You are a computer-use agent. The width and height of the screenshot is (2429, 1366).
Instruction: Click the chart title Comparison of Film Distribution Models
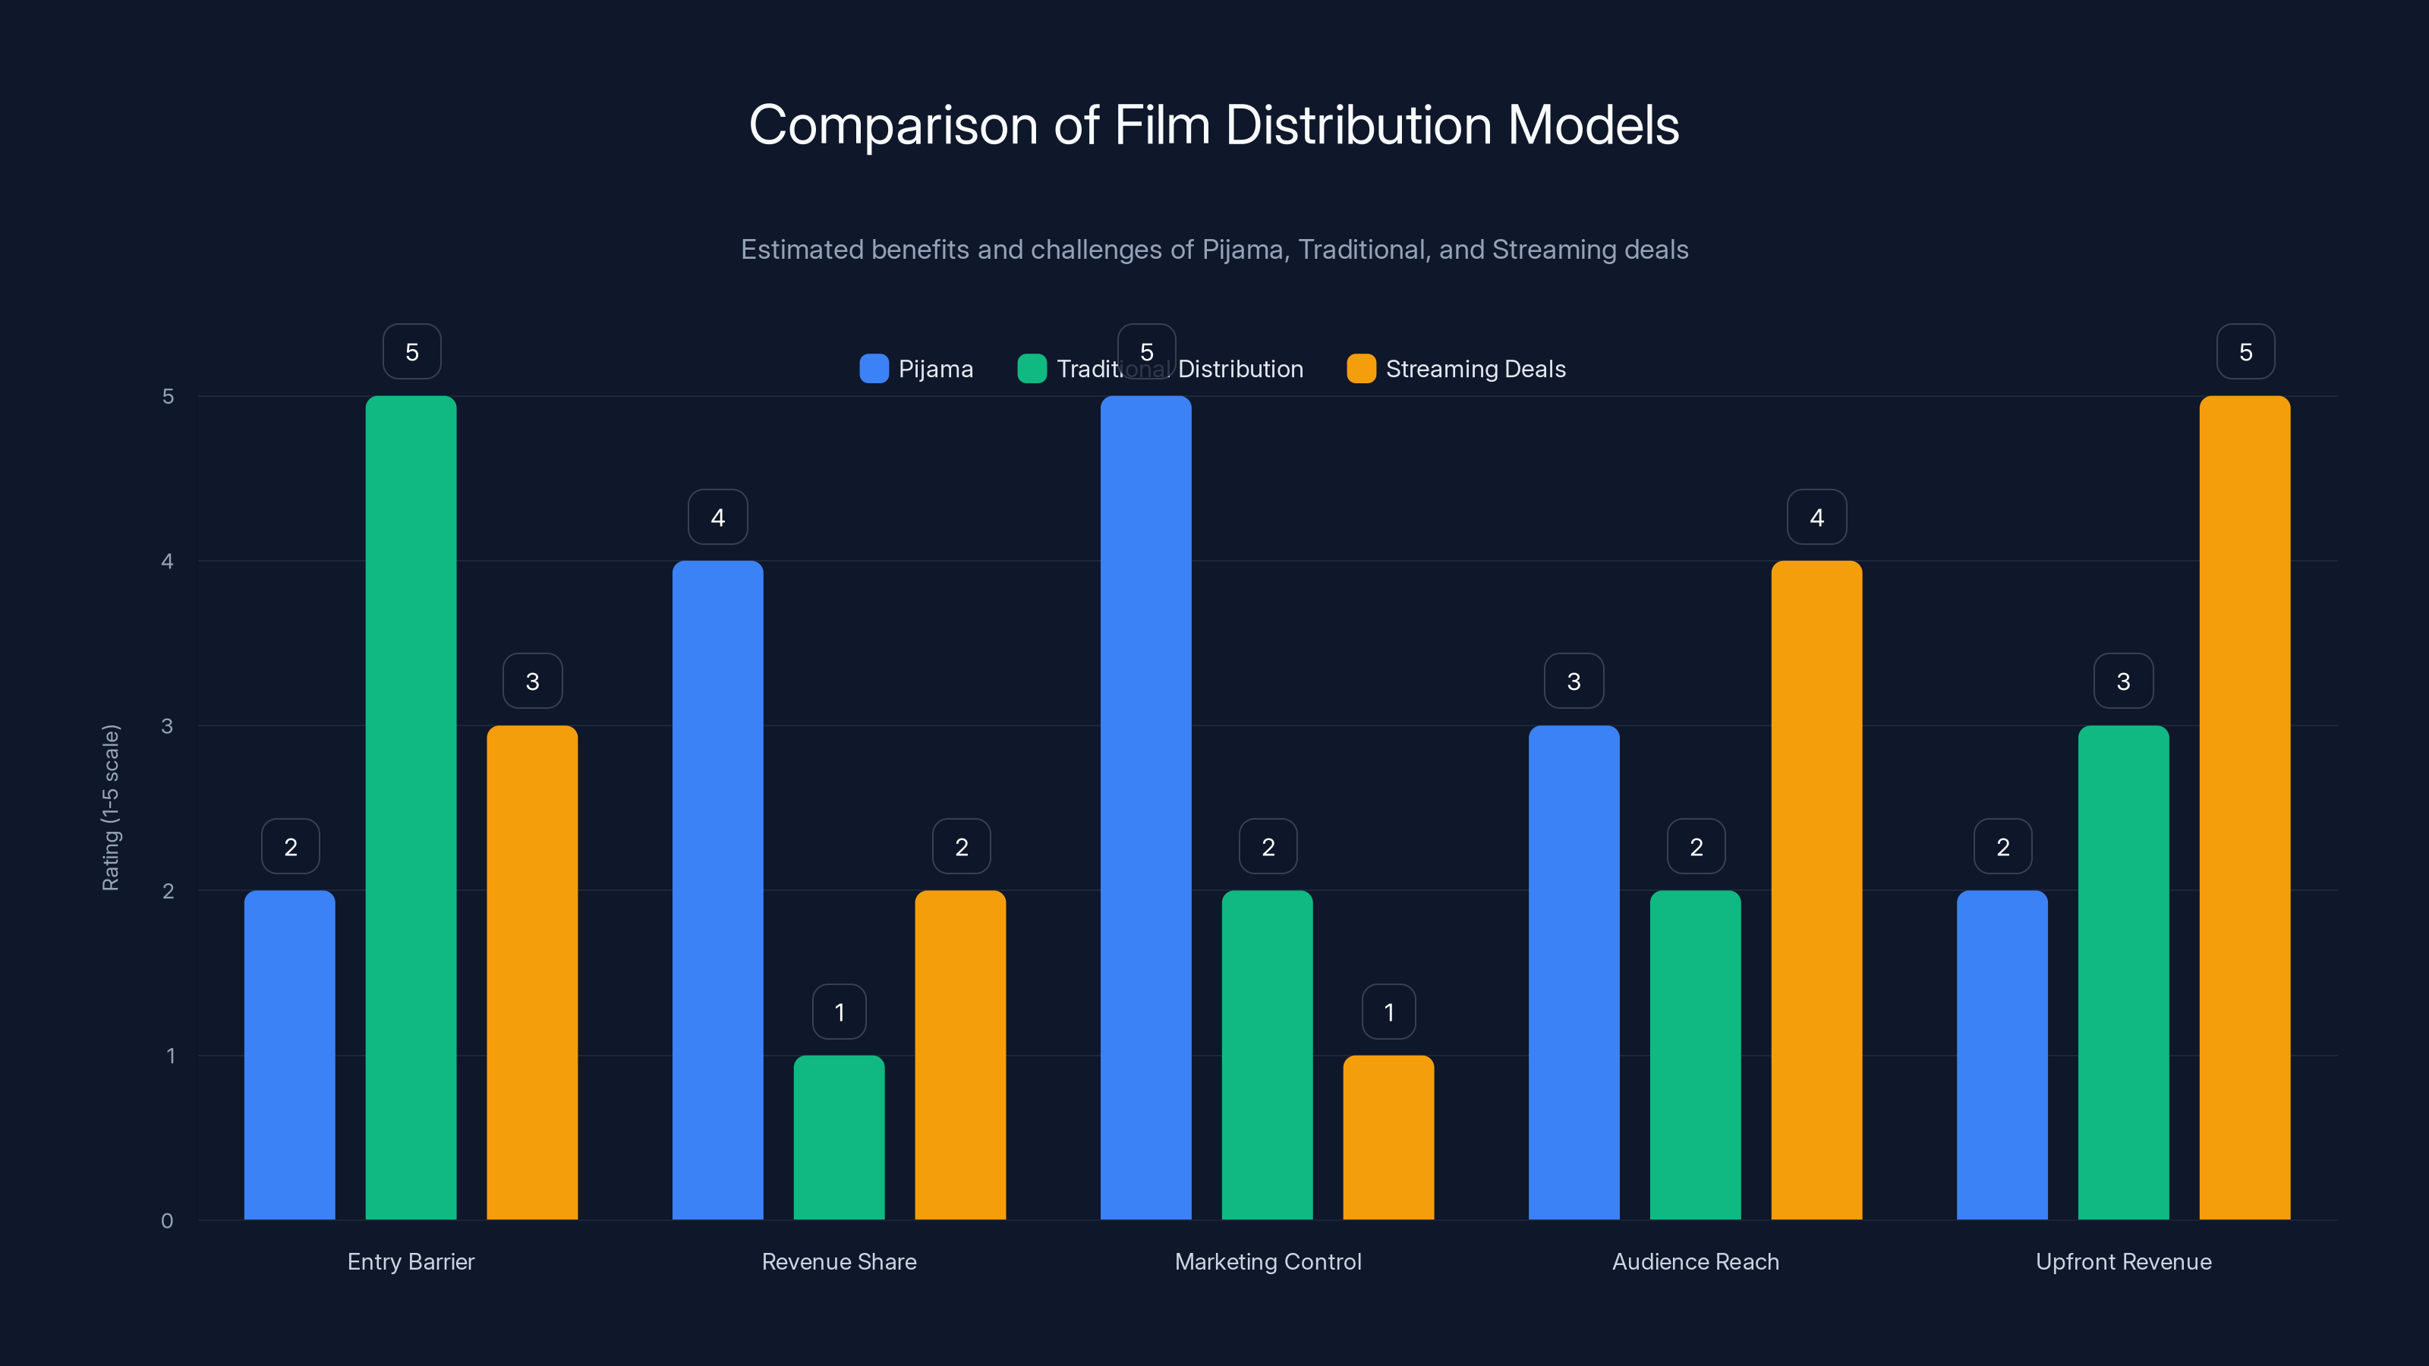(1214, 124)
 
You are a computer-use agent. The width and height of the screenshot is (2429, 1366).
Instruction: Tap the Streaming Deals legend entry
(1456, 369)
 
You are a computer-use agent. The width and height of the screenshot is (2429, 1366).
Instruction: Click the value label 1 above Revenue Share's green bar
(840, 1012)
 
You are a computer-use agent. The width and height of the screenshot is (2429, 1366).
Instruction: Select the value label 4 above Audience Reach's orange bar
(1816, 517)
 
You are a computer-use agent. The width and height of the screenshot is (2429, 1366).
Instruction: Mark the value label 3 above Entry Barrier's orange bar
(532, 681)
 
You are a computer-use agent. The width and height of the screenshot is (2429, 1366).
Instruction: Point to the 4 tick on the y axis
(167, 561)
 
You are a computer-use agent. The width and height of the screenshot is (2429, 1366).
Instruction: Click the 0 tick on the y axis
(167, 1221)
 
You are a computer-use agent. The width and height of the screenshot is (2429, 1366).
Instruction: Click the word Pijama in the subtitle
(1243, 249)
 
